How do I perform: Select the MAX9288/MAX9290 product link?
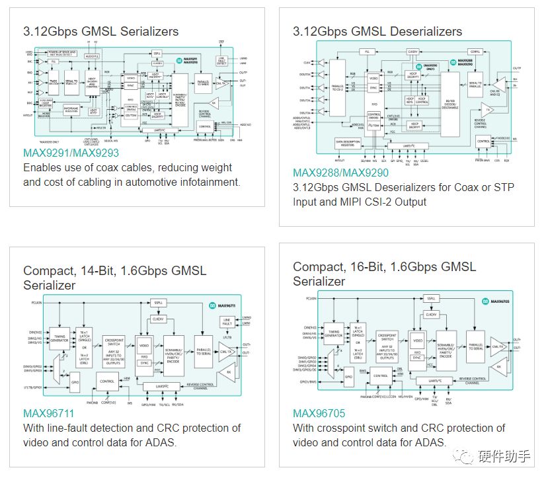point(340,173)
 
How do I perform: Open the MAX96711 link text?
point(50,413)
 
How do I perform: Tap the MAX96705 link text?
point(319,414)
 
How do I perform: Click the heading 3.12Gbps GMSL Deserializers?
point(377,31)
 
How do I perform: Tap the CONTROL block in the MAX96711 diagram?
point(108,381)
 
